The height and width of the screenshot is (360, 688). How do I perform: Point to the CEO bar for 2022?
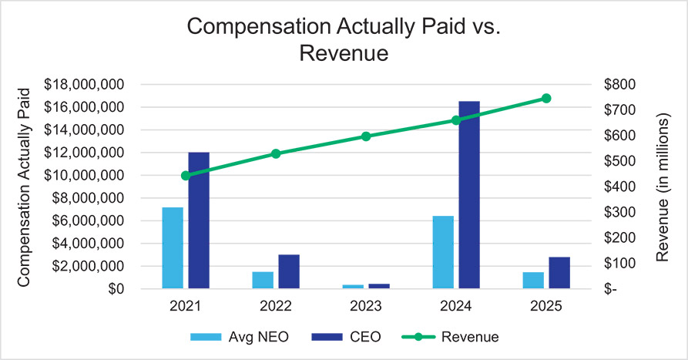click(289, 271)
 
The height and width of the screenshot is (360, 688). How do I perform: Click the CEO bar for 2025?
click(559, 273)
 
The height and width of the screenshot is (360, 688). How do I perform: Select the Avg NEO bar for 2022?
click(263, 280)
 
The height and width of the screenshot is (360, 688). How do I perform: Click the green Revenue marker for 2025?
click(546, 98)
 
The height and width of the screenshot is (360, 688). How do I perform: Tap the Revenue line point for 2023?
click(366, 136)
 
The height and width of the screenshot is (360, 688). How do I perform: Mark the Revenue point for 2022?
click(276, 153)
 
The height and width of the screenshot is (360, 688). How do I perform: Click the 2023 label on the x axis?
click(366, 305)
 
